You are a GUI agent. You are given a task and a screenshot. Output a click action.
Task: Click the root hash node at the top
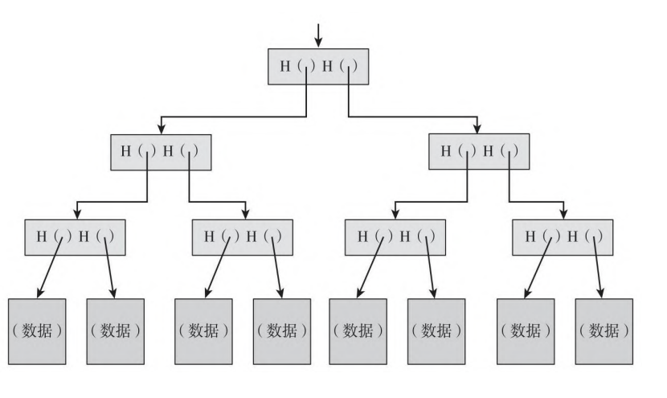pos(318,66)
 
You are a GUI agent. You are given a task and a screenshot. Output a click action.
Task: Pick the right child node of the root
pos(479,150)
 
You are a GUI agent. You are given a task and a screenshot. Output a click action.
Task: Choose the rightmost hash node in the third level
pos(563,237)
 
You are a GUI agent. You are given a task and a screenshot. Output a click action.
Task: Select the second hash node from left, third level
pos(243,237)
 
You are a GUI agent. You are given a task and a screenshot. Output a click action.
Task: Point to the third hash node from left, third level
pos(395,237)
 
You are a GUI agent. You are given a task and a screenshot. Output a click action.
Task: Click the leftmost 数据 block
pos(37,330)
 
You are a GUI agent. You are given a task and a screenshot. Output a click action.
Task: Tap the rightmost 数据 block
pos(604,330)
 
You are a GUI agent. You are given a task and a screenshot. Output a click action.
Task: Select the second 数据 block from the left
pos(115,330)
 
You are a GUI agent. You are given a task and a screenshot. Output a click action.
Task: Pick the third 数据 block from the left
pos(203,330)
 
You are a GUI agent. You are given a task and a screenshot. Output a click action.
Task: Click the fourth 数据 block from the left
pos(281,330)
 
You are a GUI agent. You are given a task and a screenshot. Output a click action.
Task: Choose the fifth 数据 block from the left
pos(358,330)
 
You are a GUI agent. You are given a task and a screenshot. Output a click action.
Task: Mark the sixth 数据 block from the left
pos(436,330)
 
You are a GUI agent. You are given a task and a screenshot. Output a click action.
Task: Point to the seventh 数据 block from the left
pos(525,330)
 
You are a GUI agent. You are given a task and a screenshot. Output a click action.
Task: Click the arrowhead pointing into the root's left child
pos(162,128)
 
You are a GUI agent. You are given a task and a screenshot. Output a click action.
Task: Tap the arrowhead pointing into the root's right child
pos(478,128)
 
